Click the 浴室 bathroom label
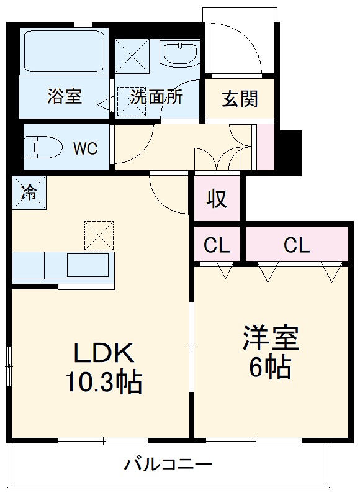(65, 98)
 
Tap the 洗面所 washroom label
(156, 98)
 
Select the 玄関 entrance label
(240, 99)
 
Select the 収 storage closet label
(216, 199)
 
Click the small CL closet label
(217, 245)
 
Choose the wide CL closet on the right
(297, 245)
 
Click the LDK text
(104, 353)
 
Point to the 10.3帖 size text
(104, 381)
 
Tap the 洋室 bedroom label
(271, 339)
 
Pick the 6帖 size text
(271, 368)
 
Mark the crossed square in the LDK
(99, 235)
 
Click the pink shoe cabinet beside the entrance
(265, 147)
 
